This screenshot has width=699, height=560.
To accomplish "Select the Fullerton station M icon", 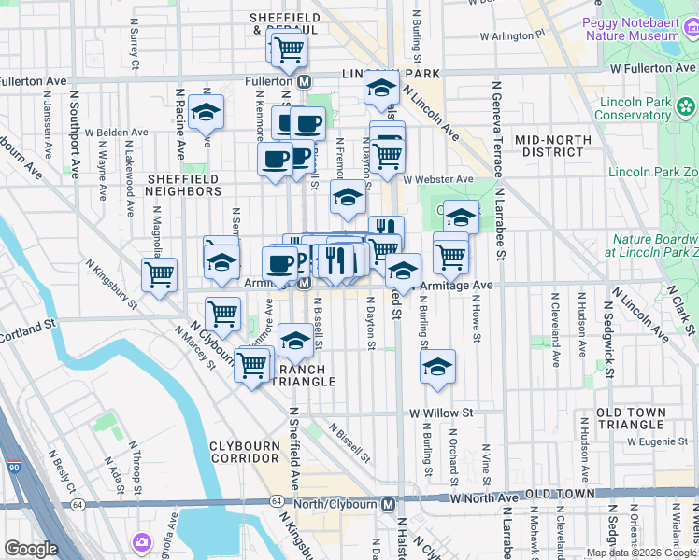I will (x=305, y=82).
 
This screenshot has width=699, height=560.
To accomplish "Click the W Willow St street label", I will (x=441, y=412).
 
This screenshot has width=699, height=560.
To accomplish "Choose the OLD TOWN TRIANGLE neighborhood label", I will (x=631, y=418).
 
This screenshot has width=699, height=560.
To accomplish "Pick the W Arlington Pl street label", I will (x=511, y=35).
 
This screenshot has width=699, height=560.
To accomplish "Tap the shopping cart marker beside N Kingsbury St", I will (x=160, y=275).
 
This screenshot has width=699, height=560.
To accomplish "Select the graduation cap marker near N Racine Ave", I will (x=206, y=113).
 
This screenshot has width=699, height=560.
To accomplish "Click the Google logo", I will (x=31, y=549).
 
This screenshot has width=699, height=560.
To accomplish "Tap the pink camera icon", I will (x=142, y=541).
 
